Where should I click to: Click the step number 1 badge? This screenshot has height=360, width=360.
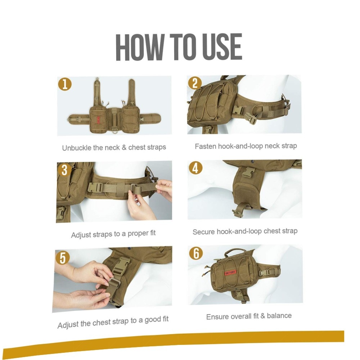(65, 84)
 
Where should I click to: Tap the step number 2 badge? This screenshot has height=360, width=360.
(195, 83)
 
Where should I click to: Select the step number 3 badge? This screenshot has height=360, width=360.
(64, 170)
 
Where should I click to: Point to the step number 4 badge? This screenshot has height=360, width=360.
(195, 168)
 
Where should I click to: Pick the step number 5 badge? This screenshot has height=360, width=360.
(62, 257)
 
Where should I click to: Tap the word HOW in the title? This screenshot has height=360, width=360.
(140, 47)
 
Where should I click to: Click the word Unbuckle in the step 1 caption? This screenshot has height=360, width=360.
(77, 148)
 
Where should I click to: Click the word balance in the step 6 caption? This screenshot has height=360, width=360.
(279, 316)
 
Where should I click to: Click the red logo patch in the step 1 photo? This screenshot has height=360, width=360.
(99, 120)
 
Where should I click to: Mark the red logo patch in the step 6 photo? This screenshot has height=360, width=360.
(230, 273)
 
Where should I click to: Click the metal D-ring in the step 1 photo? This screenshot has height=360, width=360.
(114, 131)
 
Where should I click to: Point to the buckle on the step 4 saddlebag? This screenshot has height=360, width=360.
(248, 172)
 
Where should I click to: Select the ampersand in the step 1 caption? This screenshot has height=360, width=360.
(124, 147)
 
